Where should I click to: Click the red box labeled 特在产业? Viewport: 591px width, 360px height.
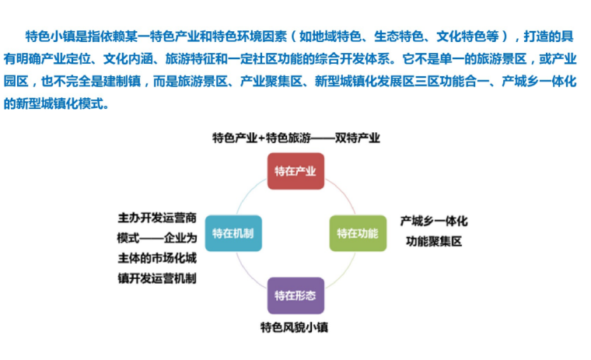(x=295, y=171)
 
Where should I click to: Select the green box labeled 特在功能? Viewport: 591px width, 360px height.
(x=358, y=233)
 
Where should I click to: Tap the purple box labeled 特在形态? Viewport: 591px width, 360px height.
(x=295, y=295)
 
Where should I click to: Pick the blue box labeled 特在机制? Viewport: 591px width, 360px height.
(x=233, y=233)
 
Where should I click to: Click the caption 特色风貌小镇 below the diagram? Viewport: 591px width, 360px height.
(x=294, y=327)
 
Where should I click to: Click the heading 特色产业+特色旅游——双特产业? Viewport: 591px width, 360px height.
(x=296, y=138)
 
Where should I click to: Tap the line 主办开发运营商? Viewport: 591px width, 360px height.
(x=157, y=218)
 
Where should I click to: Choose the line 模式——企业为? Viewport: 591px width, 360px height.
(x=157, y=238)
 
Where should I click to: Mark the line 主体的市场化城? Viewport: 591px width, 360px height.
(x=157, y=258)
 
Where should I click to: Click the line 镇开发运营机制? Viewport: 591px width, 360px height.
(x=157, y=278)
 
